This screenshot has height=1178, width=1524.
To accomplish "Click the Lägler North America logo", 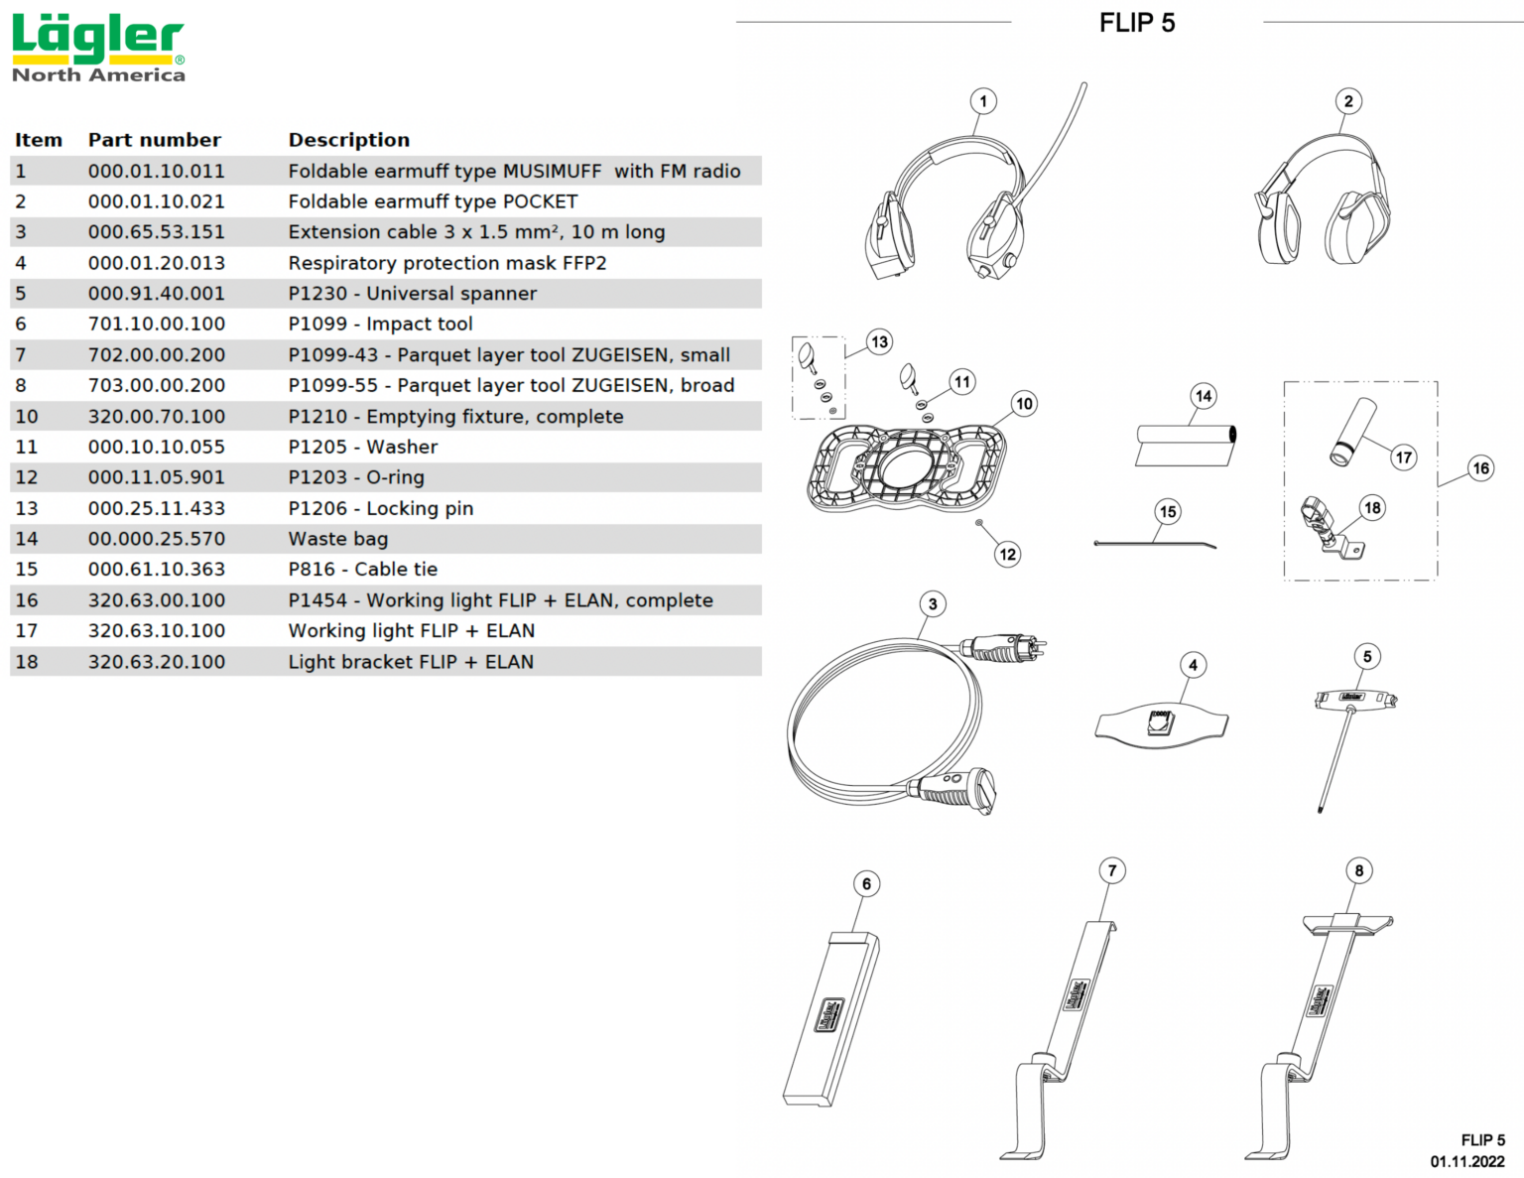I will click(x=97, y=48).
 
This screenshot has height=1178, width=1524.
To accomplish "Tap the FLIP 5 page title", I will click(x=1136, y=23).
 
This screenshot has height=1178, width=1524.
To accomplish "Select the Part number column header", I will click(x=154, y=140).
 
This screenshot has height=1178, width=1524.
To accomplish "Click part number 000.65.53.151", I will click(x=156, y=232).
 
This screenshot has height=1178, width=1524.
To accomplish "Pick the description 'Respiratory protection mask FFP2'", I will click(x=446, y=263).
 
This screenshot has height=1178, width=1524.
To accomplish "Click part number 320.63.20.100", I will click(x=156, y=662).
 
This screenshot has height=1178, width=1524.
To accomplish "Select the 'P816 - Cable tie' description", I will click(x=362, y=570).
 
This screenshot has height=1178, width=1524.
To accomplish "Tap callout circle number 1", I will click(x=983, y=101).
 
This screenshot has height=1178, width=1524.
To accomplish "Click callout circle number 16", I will click(x=1480, y=468).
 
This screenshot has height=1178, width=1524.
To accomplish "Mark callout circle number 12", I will click(x=1007, y=554).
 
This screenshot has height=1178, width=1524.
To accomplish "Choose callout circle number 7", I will click(x=1112, y=870).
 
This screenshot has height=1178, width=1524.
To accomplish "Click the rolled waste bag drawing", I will click(x=1186, y=445).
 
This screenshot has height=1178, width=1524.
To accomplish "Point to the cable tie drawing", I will click(x=1154, y=543).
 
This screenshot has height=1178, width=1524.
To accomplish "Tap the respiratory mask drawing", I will click(x=1162, y=721).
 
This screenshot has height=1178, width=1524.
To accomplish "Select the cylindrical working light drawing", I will click(x=1352, y=431).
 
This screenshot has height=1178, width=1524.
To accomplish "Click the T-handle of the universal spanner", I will click(x=1354, y=699).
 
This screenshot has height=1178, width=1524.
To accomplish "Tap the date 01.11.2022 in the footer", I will click(x=1466, y=1161).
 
